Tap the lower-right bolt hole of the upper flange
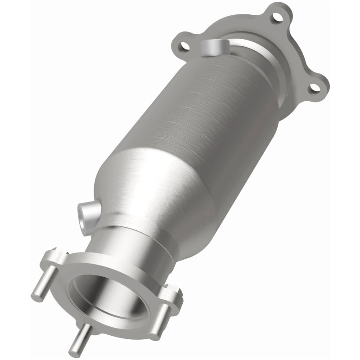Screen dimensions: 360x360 (x=315, y=87)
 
